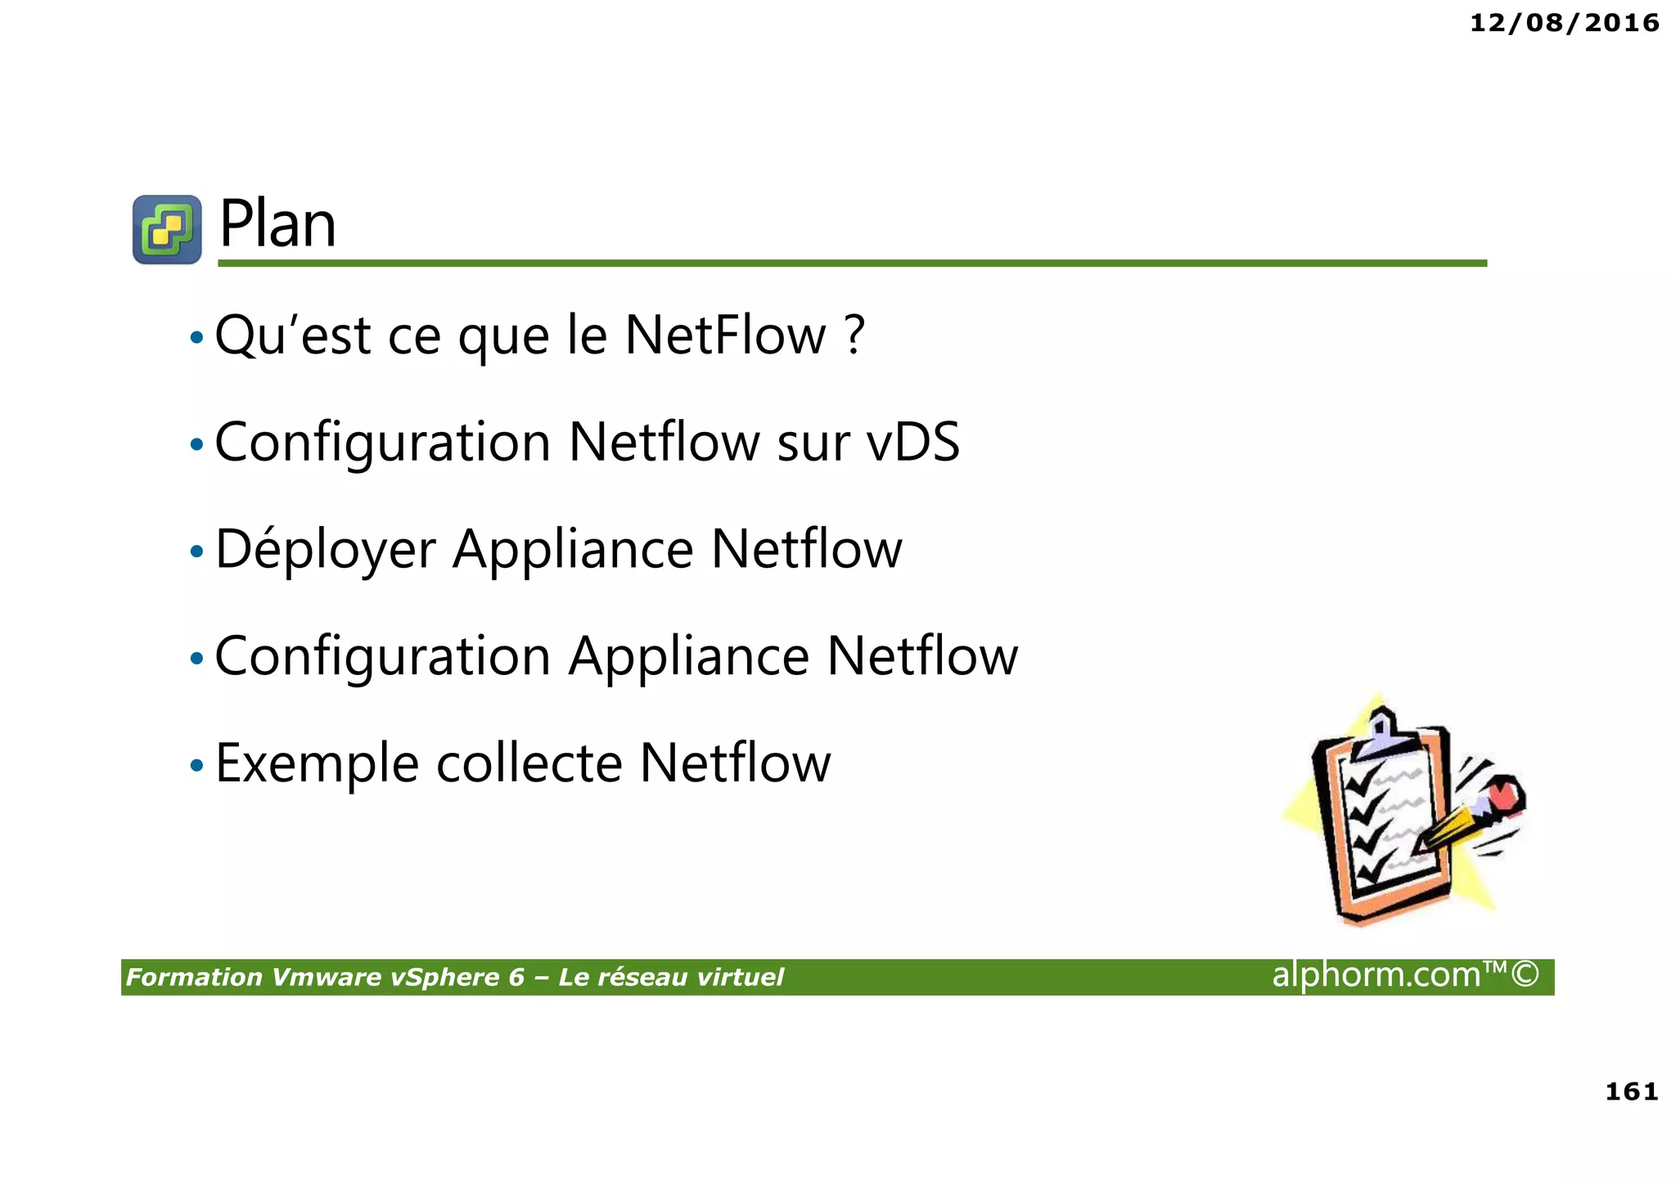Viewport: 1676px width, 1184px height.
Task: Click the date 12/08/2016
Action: pos(1564,23)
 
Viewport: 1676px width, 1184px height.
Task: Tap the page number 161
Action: pos(1631,1092)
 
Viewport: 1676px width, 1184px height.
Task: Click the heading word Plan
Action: pos(277,225)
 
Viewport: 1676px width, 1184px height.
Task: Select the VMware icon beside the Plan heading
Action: pos(168,230)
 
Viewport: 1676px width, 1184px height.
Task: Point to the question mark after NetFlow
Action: pos(854,335)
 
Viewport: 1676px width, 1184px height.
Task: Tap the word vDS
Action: pos(912,443)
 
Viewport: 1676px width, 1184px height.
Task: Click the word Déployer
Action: pos(325,551)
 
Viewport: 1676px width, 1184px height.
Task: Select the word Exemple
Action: pos(317,764)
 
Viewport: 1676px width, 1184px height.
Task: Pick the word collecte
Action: pos(529,764)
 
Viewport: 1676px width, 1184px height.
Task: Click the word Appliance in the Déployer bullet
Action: pos(573,551)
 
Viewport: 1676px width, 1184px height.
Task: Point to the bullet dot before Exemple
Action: pos(196,767)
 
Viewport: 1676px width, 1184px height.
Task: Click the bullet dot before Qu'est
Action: pos(196,337)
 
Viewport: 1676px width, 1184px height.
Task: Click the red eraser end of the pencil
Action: pos(1504,794)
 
